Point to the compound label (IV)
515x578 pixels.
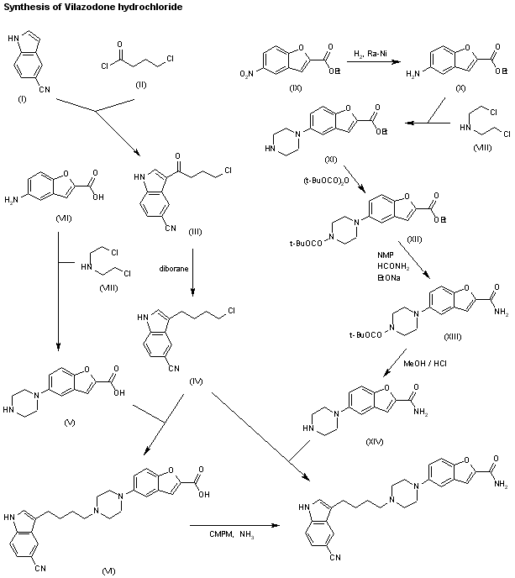click(x=197, y=382)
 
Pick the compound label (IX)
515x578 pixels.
click(x=314, y=87)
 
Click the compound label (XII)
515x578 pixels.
click(x=415, y=239)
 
